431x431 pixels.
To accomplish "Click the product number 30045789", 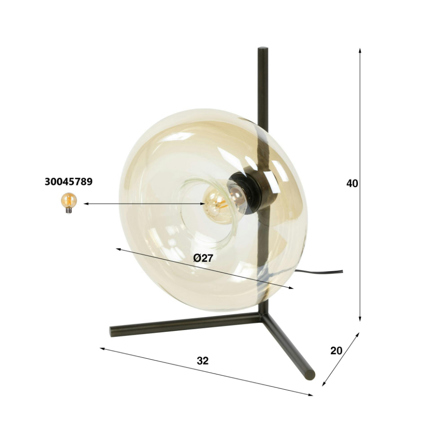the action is pyautogui.click(x=69, y=182).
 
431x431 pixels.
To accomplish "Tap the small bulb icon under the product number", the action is pyautogui.click(x=69, y=203).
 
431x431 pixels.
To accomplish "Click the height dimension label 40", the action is pyautogui.click(x=352, y=184).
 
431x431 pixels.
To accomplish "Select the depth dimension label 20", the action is pyautogui.click(x=336, y=351).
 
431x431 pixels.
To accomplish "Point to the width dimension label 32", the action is pyautogui.click(x=203, y=361).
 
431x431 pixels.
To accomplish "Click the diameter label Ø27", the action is pyautogui.click(x=203, y=258).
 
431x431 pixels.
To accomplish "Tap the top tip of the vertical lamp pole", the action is pyautogui.click(x=263, y=48).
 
